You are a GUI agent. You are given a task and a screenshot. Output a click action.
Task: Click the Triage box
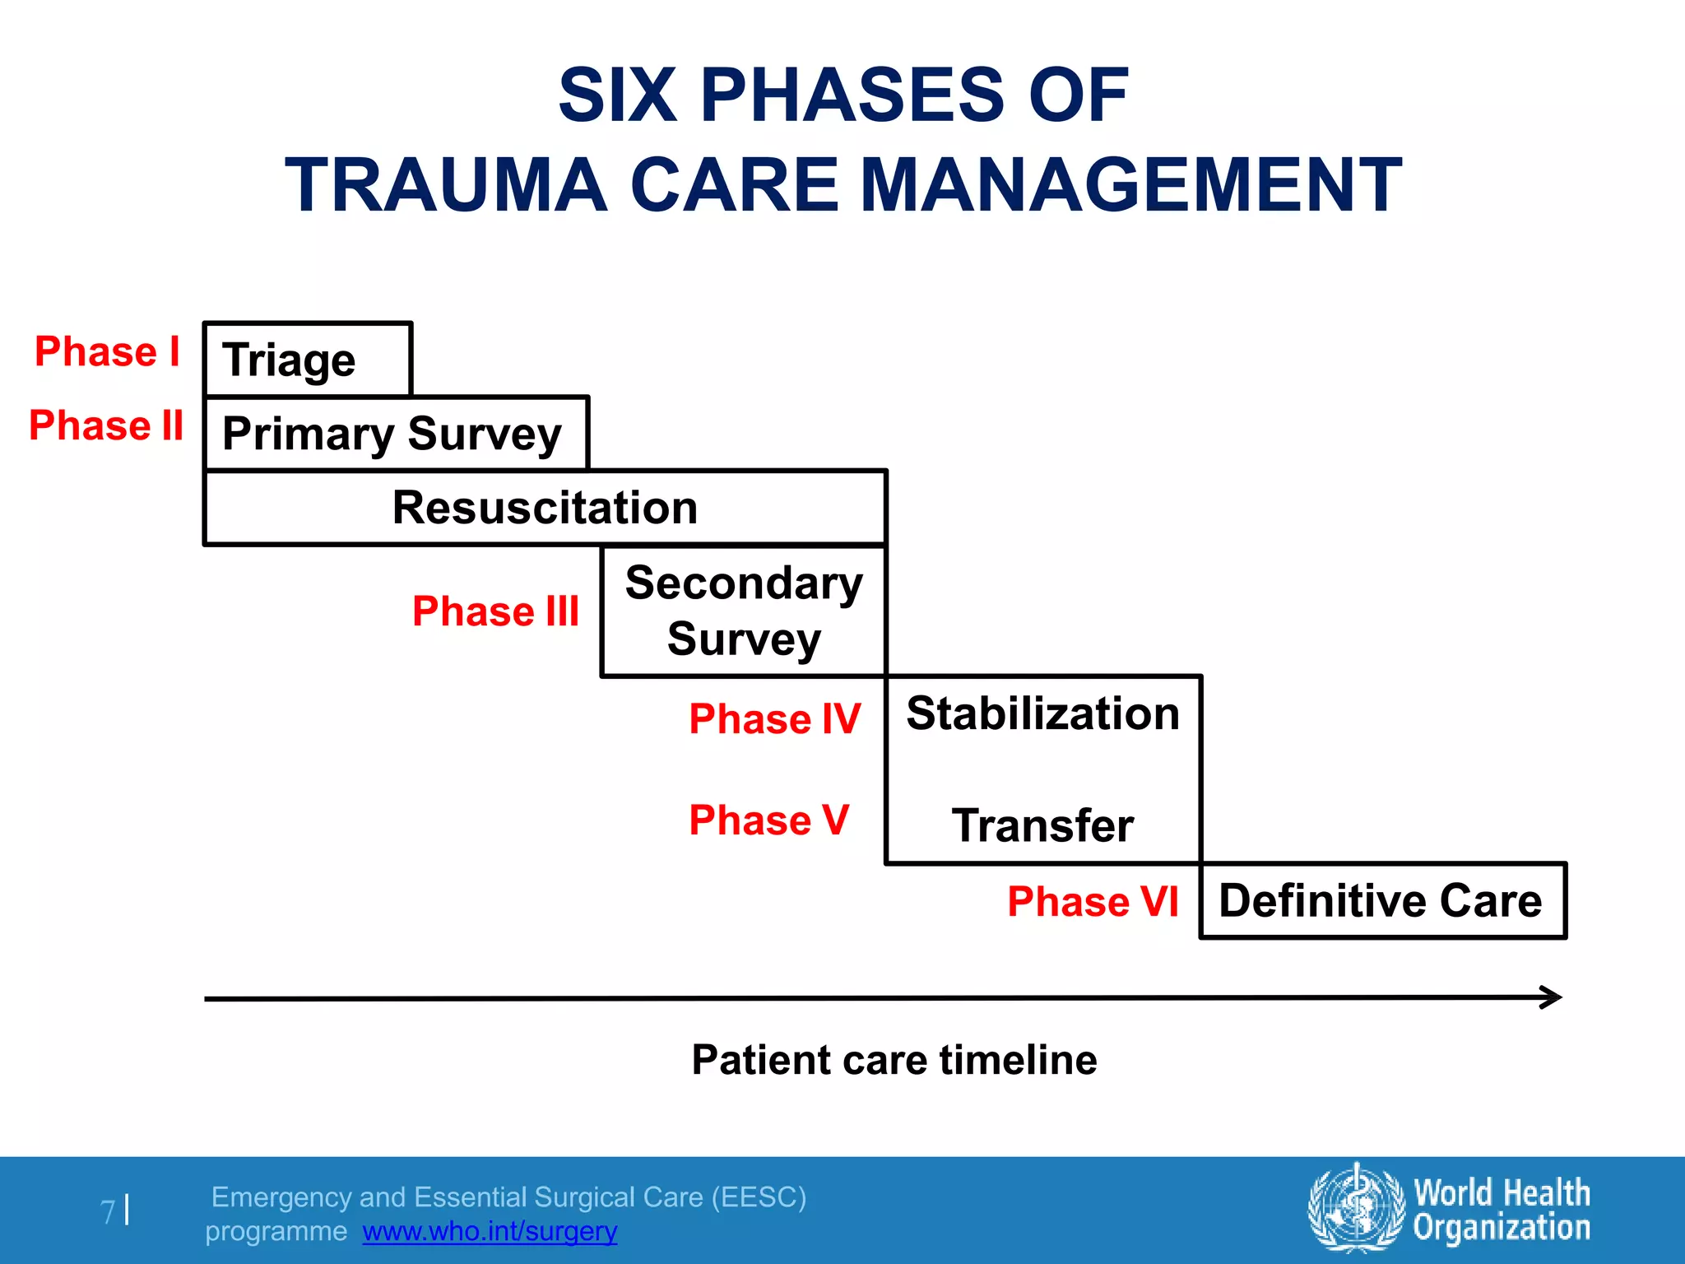[x=307, y=360]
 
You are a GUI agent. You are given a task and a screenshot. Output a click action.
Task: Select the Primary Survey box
[x=395, y=434]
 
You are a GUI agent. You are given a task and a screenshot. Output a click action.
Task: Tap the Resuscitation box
[x=545, y=508]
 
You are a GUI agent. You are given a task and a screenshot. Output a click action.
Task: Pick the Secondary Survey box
[x=743, y=611]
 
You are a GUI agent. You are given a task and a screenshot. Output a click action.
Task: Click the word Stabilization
[x=1042, y=713]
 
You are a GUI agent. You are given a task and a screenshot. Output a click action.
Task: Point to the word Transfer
[x=1042, y=825]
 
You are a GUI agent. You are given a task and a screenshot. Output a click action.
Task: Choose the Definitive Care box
[x=1381, y=900]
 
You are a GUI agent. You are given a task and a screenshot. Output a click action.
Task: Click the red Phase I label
[x=107, y=352]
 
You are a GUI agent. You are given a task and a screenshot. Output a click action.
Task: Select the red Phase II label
[x=106, y=426]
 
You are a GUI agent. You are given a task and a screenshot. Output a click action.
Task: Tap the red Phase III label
[x=495, y=611]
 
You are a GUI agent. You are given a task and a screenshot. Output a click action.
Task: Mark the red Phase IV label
[x=774, y=719]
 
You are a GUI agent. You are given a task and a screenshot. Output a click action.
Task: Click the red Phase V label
[x=768, y=820]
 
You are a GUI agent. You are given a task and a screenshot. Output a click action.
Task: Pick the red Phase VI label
[x=1093, y=902]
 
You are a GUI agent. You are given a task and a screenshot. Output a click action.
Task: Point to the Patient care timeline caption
[x=894, y=1060]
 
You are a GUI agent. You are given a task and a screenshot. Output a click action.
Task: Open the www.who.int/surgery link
[x=490, y=1232]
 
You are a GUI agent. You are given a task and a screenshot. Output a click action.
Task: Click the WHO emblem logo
[x=1356, y=1208]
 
